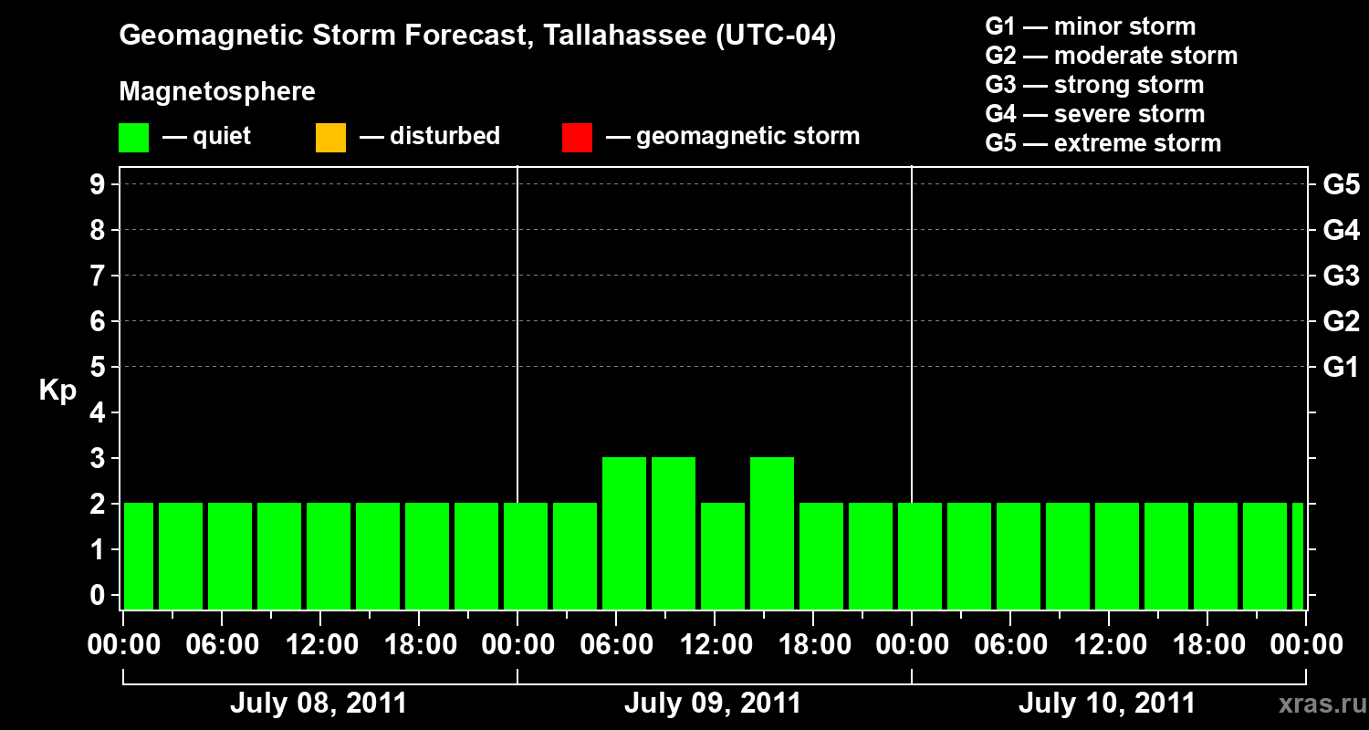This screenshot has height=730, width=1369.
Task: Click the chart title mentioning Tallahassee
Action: pyautogui.click(x=477, y=36)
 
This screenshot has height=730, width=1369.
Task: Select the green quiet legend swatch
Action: pyautogui.click(x=133, y=138)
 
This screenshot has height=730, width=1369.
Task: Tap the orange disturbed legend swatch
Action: pyautogui.click(x=330, y=138)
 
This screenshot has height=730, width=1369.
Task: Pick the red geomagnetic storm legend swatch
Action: pyautogui.click(x=577, y=138)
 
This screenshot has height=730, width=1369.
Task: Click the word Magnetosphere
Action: pyautogui.click(x=217, y=92)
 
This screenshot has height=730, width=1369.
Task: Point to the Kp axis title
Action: pyautogui.click(x=57, y=391)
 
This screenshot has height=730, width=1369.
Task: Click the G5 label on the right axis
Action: pyautogui.click(x=1341, y=184)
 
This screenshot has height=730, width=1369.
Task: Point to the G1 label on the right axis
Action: pyautogui.click(x=1341, y=367)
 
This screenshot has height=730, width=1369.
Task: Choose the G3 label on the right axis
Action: pyautogui.click(x=1341, y=276)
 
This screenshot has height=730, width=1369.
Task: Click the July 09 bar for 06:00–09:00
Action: pyautogui.click(x=624, y=533)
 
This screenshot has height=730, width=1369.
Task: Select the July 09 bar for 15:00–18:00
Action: pyautogui.click(x=772, y=533)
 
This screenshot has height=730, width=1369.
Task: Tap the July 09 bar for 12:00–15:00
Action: pyautogui.click(x=723, y=556)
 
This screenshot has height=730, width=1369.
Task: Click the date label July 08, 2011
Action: pyautogui.click(x=319, y=704)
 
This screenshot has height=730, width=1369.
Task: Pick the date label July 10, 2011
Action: pyautogui.click(x=1106, y=704)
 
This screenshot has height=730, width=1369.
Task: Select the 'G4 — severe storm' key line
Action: pyautogui.click(x=1095, y=114)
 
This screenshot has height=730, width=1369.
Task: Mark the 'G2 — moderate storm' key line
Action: pyautogui.click(x=1111, y=56)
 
